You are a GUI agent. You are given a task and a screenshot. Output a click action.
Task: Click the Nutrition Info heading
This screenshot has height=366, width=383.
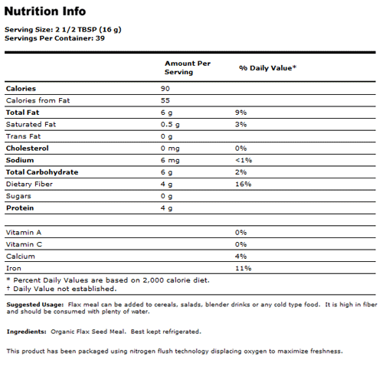tap(45, 11)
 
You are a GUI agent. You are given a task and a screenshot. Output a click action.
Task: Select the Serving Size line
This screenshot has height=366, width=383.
tap(63, 29)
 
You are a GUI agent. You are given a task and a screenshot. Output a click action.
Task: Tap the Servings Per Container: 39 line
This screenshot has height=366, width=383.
tap(54, 38)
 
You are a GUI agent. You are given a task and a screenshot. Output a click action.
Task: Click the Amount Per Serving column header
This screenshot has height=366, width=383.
tap(187, 67)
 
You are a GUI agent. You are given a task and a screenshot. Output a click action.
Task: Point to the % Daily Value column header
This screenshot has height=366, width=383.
tap(267, 68)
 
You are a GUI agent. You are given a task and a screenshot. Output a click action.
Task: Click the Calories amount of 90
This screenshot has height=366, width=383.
tap(165, 89)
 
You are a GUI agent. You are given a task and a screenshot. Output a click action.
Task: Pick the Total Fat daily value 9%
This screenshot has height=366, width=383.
tap(241, 113)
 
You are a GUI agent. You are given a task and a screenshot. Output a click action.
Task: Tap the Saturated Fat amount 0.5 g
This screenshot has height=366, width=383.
tap(170, 124)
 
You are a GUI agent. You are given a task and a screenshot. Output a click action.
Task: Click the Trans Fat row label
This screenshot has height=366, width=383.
tap(23, 136)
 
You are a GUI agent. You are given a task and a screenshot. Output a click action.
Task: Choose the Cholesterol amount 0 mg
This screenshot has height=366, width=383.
tap(170, 148)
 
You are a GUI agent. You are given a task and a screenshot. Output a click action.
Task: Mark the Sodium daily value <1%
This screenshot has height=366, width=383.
tap(244, 160)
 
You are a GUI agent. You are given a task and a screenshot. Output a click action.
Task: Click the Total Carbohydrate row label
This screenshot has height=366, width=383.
tap(42, 172)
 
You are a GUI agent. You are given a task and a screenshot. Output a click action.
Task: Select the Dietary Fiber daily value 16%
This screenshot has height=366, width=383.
tap(244, 184)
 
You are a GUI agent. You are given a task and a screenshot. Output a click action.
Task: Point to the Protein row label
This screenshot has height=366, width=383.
tap(21, 208)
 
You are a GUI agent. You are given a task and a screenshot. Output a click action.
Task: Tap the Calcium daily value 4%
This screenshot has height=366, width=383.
tap(241, 256)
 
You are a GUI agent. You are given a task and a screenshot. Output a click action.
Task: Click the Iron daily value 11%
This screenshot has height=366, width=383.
tap(243, 267)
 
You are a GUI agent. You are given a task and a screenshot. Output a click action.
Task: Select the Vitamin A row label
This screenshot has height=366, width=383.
tap(23, 231)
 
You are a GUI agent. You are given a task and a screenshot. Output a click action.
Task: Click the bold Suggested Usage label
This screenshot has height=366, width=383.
tap(32, 304)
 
